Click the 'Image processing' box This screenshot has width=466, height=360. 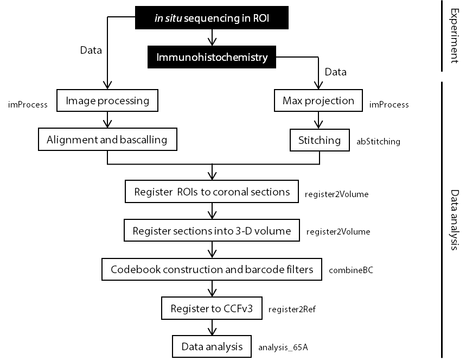pyautogui.click(x=107, y=100)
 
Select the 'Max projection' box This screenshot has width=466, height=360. pyautogui.click(x=318, y=100)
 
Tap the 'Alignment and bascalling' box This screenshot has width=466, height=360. pyautogui.click(x=107, y=140)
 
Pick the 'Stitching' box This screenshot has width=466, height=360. pyautogui.click(x=320, y=140)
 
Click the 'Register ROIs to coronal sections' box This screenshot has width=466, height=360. pyautogui.click(x=212, y=192)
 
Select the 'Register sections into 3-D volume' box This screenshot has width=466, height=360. pyautogui.click(x=212, y=231)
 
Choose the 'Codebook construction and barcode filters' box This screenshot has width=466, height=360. pyautogui.click(x=212, y=269)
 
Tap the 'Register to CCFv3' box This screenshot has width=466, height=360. pyautogui.click(x=212, y=309)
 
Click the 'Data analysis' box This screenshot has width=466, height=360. pyautogui.click(x=212, y=346)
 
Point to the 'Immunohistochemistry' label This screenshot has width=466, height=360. pyautogui.click(x=212, y=57)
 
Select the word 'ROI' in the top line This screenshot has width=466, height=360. pyautogui.click(x=261, y=18)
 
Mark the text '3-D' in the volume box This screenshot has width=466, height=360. pyautogui.click(x=242, y=231)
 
